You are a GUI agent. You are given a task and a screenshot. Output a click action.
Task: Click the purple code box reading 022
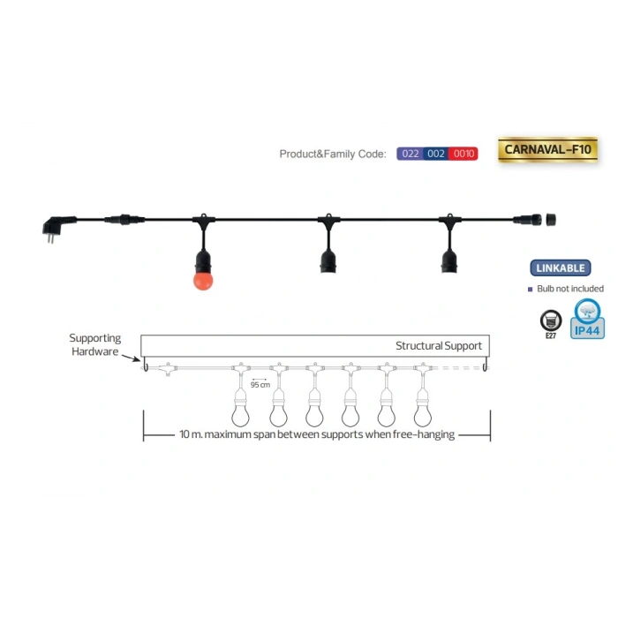[410, 154]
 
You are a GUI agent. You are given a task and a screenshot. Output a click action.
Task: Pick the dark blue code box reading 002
[435, 154]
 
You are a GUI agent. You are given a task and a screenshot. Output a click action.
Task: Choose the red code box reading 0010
[463, 154]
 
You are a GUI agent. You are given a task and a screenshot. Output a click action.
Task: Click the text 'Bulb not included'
[569, 289]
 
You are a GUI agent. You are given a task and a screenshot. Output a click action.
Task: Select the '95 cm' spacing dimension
[260, 384]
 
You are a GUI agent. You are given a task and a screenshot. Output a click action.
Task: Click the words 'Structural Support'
[439, 345]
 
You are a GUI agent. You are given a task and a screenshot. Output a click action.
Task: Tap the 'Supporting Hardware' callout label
[94, 345]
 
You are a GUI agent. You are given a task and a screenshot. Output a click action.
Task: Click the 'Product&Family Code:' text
[333, 154]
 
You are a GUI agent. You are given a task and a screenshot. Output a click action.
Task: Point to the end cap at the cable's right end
[554, 218]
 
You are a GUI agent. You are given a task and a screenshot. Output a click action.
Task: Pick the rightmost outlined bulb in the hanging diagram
[422, 413]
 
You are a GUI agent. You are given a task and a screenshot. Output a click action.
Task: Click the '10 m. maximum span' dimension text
[316, 436]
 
